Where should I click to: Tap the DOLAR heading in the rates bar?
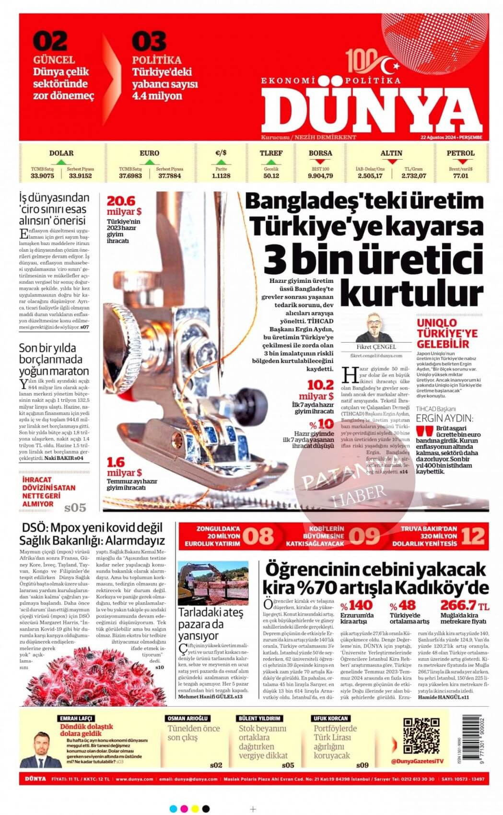pyautogui.click(x=61, y=153)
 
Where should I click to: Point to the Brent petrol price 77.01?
pyautogui.click(x=460, y=176)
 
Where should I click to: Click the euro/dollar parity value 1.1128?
pyautogui.click(x=221, y=176)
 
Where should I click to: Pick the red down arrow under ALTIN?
pyautogui.click(x=392, y=162)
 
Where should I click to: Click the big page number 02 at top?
pyautogui.click(x=50, y=42)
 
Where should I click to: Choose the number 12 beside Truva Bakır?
pyautogui.click(x=473, y=536)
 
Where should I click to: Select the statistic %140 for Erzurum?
pyautogui.click(x=357, y=605)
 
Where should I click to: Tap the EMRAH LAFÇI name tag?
pyautogui.click(x=76, y=718)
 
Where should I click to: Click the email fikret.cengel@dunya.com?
pyautogui.click(x=376, y=356)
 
